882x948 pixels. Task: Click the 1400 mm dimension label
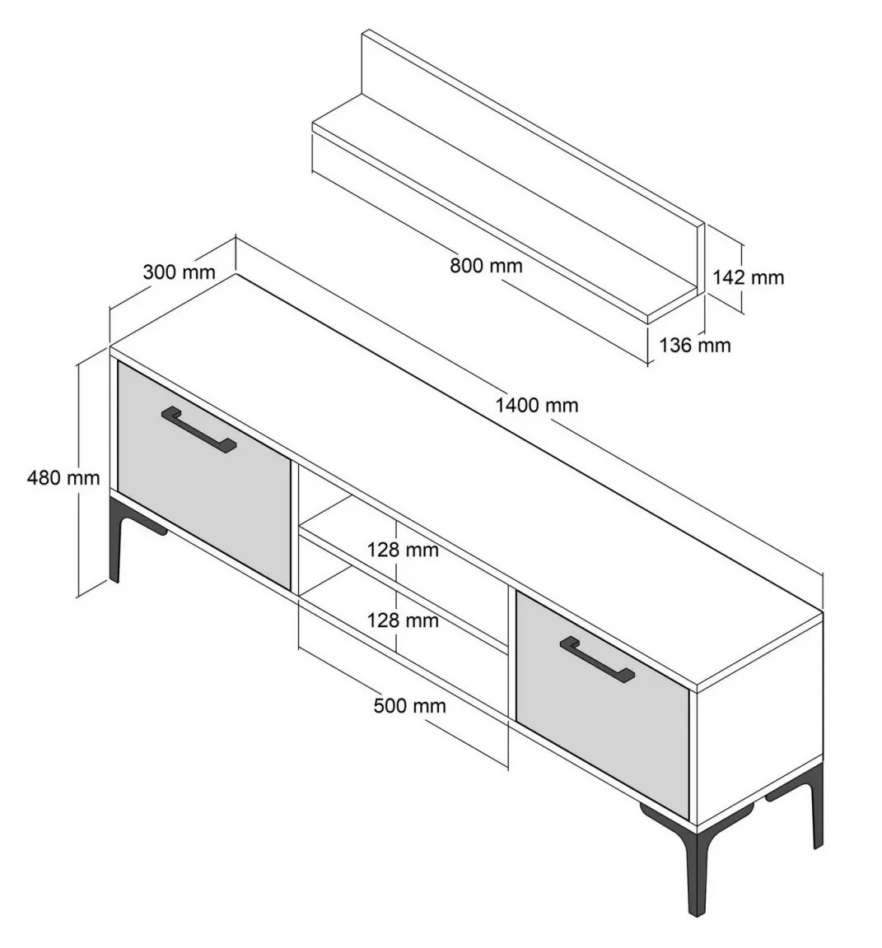(537, 405)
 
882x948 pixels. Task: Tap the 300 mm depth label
(179, 272)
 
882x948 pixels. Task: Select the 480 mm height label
(63, 477)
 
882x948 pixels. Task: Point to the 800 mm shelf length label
(486, 265)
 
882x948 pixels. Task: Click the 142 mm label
(748, 276)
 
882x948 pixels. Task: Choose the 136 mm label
(694, 345)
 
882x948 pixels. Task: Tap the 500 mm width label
(409, 705)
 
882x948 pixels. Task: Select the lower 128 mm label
(403, 620)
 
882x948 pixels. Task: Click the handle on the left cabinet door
(198, 430)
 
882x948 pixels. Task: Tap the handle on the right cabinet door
(597, 659)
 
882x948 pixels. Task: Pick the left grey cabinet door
(204, 475)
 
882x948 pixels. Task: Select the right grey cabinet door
(603, 705)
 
